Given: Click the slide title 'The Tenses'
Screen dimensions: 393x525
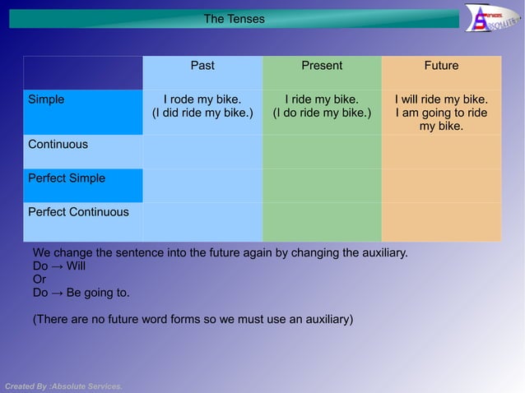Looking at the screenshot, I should (x=234, y=18).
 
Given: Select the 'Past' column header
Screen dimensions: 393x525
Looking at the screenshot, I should (x=202, y=66).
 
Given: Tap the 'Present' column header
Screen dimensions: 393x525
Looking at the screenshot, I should (x=322, y=66).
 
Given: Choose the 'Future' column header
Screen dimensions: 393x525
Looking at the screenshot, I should (x=441, y=66).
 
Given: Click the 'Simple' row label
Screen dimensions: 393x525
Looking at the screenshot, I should (x=46, y=99).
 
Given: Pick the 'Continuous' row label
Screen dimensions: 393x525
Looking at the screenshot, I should (x=58, y=145).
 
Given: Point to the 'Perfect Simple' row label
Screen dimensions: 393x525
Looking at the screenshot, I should (x=67, y=178).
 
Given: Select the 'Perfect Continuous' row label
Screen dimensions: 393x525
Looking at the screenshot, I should (x=78, y=212).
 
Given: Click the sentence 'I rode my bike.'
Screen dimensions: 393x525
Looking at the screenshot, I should (x=202, y=99).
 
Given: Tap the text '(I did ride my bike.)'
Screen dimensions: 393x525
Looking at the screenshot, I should (x=202, y=113).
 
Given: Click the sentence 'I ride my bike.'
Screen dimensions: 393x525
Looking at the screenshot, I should (x=322, y=99).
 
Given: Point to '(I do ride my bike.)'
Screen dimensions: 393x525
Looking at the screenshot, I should (x=322, y=113).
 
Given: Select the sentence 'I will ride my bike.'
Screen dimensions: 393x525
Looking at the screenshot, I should (x=441, y=99).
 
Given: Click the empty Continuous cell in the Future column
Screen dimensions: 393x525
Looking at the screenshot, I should (x=441, y=152).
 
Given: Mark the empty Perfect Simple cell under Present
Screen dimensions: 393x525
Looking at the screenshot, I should (x=322, y=186).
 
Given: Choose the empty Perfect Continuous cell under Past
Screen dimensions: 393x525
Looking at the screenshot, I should (x=202, y=222).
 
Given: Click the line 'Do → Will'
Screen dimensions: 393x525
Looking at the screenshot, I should (x=59, y=266).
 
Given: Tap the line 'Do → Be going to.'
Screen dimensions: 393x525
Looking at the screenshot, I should (x=81, y=293).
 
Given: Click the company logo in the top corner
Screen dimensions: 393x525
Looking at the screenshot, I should (x=490, y=18).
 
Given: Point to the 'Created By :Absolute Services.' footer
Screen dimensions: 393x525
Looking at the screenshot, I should (x=63, y=386).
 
